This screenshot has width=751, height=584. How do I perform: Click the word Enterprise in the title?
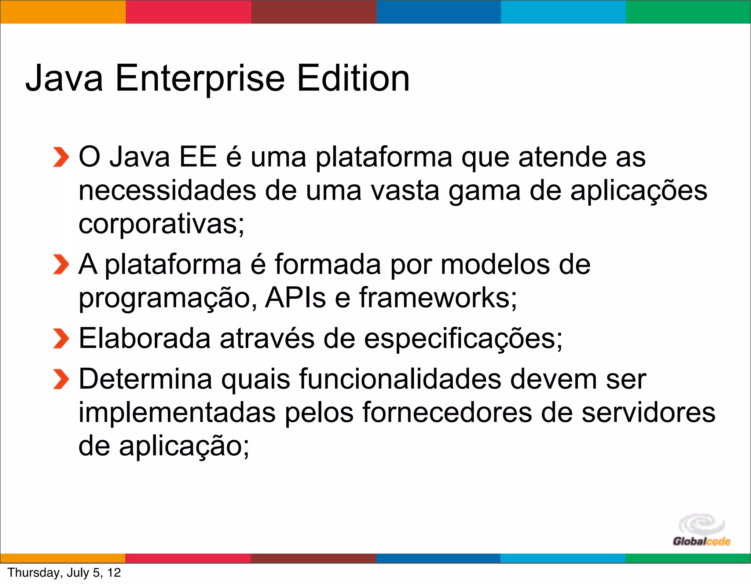click(x=200, y=78)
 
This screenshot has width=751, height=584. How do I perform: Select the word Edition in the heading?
click(x=353, y=78)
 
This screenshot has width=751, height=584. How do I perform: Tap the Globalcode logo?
click(x=701, y=530)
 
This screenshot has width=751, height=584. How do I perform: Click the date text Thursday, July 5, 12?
click(x=64, y=573)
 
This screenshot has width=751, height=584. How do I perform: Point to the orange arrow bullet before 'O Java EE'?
click(x=61, y=157)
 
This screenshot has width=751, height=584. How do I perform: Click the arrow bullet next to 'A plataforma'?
click(x=61, y=264)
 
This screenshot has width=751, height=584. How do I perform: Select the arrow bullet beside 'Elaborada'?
click(x=61, y=338)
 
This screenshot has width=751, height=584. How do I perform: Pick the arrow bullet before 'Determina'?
click(x=61, y=379)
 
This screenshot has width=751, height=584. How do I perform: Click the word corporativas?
click(x=161, y=224)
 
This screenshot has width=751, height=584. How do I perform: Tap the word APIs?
click(x=295, y=298)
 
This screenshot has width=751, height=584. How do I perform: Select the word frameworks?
click(x=438, y=298)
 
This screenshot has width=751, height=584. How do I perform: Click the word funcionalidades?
click(x=400, y=379)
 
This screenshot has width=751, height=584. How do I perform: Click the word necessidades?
click(x=167, y=191)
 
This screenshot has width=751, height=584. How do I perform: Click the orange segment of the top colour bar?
click(x=63, y=12)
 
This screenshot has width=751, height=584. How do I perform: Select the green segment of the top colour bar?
click(x=688, y=12)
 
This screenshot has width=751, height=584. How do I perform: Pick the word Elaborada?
click(x=145, y=338)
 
